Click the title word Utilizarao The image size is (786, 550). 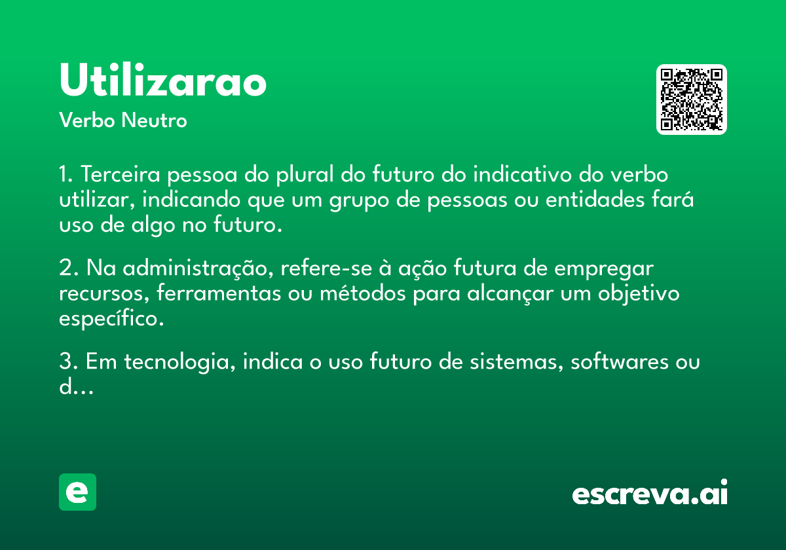163,80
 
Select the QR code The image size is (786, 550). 691,100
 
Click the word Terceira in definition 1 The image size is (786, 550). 121,174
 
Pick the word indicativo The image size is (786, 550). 523,174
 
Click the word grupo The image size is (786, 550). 359,200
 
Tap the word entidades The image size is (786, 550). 595,199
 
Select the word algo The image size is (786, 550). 153,225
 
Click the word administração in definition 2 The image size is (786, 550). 198,268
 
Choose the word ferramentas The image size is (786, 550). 219,293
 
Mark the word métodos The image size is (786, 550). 363,293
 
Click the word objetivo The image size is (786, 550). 639,293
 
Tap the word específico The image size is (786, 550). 111,319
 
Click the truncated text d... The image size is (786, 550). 76,386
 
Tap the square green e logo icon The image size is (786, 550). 77,492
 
